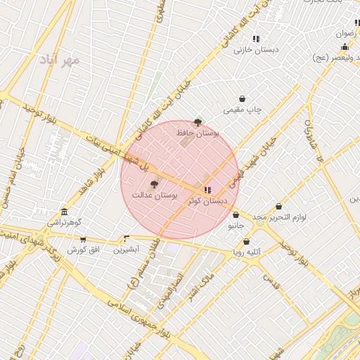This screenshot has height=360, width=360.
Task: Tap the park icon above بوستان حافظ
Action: pyautogui.click(x=198, y=122)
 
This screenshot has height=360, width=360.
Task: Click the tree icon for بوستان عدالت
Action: pyautogui.click(x=155, y=184)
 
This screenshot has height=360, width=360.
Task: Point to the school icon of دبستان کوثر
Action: pyautogui.click(x=207, y=190)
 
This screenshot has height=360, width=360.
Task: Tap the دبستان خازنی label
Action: pyautogui.click(x=257, y=49)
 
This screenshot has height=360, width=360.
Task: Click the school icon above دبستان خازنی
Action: pyautogui.click(x=257, y=39)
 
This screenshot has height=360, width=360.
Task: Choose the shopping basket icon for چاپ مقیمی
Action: pyautogui.click(x=243, y=99)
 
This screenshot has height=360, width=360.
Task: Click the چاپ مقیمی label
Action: pyautogui.click(x=243, y=110)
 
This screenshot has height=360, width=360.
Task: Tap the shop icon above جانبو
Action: pyautogui.click(x=236, y=215)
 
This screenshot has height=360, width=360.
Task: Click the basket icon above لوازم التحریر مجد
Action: pyautogui.click(x=279, y=207)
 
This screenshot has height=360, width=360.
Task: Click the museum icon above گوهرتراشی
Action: pyautogui.click(x=64, y=212)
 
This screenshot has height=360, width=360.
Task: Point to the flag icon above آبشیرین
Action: pyautogui.click(x=127, y=239)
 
